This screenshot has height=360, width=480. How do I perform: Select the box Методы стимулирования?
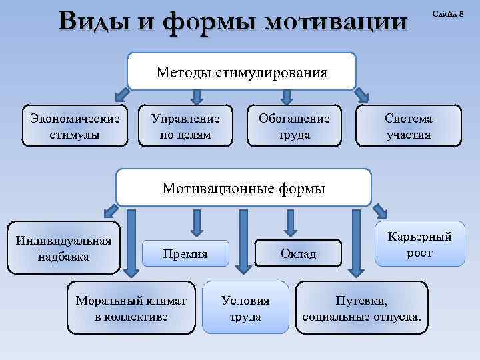241,72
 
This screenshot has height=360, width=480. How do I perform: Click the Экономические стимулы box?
75,126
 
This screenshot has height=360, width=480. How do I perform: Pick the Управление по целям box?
185,126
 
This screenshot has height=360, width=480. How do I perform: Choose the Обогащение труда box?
294,126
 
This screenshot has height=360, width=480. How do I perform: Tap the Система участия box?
408,126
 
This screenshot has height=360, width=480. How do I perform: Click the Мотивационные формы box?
243,188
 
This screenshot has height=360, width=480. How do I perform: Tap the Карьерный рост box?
419,245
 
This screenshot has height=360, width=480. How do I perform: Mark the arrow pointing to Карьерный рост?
379,211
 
